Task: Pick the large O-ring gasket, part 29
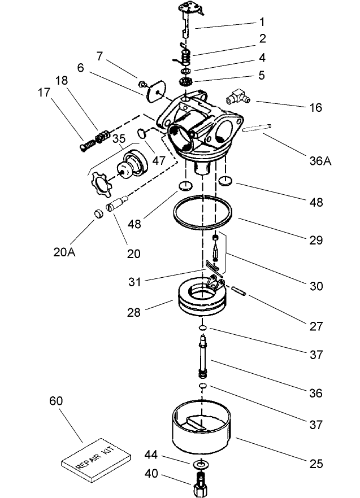pos(202,215)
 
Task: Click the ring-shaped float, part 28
pos(201,299)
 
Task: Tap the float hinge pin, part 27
pos(240,292)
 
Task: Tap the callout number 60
pos(57,401)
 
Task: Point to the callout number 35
pos(118,138)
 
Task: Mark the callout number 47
pos(159,160)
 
